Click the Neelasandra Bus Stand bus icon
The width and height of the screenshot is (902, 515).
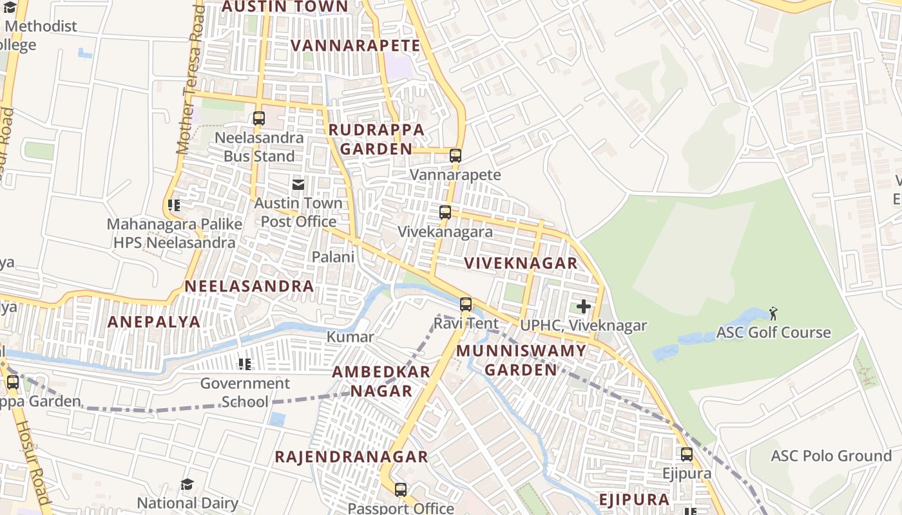click(x=259, y=118)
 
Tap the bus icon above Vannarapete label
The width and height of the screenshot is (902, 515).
click(x=456, y=155)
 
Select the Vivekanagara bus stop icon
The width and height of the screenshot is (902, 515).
click(x=445, y=212)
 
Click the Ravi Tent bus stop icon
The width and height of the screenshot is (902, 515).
click(x=466, y=304)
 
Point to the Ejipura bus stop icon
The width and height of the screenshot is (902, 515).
click(x=687, y=454)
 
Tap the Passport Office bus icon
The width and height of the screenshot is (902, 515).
click(x=401, y=490)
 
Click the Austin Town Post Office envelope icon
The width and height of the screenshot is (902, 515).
click(x=298, y=185)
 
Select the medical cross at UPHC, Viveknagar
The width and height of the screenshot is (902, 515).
click(x=584, y=306)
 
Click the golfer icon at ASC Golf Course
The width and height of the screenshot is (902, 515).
click(x=773, y=314)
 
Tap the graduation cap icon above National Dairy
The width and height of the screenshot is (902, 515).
click(x=187, y=484)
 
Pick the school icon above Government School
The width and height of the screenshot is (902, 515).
click(x=245, y=364)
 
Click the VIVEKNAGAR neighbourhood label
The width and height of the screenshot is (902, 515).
click(x=521, y=263)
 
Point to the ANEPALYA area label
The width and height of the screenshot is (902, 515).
click(x=154, y=322)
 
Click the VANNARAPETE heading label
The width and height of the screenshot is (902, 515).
click(x=355, y=46)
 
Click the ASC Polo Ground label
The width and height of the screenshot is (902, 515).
click(x=831, y=456)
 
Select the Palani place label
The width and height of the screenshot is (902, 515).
click(x=333, y=257)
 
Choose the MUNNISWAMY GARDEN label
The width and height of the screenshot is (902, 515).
click(x=521, y=360)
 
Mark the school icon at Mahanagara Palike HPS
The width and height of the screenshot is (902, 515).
click(x=173, y=205)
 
